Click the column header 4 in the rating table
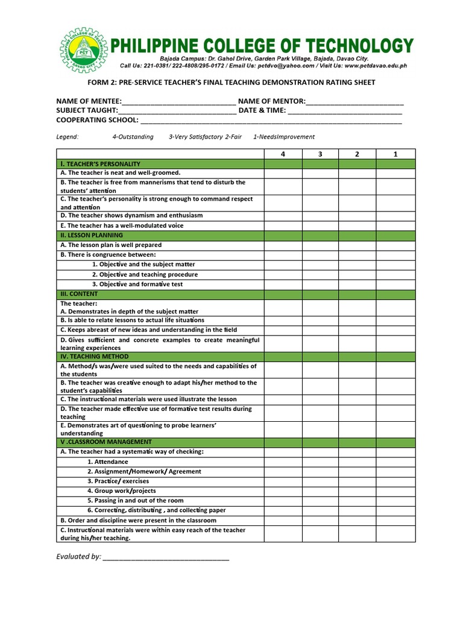click(283, 154)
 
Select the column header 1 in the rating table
click(395, 154)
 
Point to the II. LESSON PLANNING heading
click(92, 235)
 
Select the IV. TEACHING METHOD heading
click(94, 356)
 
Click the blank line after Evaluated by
click(166, 557)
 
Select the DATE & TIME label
click(262, 111)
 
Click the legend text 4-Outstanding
click(133, 137)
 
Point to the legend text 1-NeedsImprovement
click(283, 137)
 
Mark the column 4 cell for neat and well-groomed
click(283, 173)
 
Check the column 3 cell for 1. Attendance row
click(320, 462)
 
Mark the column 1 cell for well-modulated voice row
click(395, 225)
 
